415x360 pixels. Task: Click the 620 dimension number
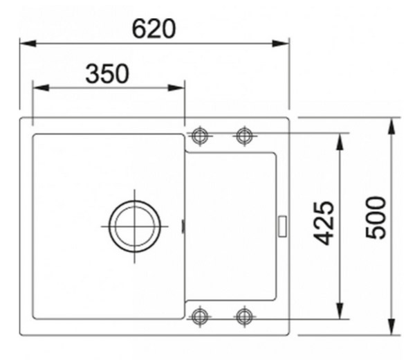click(154, 28)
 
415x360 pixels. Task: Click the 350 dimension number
click(107, 73)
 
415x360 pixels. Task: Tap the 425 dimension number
click(324, 223)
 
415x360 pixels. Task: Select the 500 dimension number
click(376, 217)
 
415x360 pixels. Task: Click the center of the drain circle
click(134, 226)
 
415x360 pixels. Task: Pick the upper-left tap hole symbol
click(200, 136)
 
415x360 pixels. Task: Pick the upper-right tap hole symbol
click(245, 136)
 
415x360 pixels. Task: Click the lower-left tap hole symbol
click(200, 316)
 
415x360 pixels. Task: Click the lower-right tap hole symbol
click(245, 316)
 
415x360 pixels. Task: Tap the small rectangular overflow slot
click(283, 226)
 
